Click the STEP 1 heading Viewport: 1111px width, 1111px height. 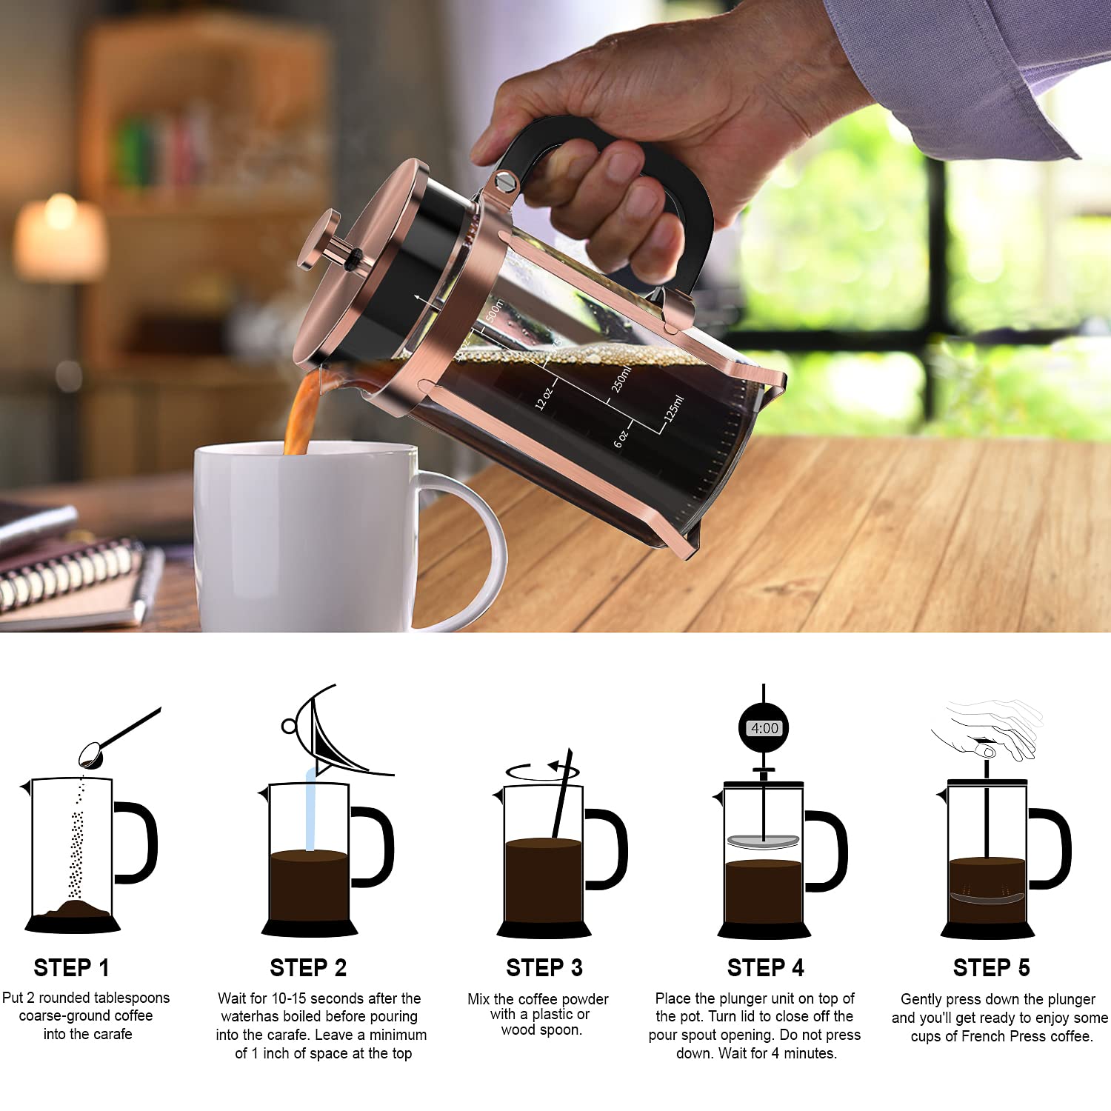71,967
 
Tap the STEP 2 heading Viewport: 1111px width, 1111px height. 308,967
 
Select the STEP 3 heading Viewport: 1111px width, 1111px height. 544,967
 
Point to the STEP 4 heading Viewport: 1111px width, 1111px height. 765,967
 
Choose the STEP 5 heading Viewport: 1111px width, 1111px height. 991,967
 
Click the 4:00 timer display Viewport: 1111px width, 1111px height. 764,728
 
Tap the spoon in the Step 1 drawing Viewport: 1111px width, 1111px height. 111,741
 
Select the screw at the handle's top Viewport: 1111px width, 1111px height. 504,181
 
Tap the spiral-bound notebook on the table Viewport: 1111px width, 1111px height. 70,578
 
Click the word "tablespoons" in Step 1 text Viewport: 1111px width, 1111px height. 131,998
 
